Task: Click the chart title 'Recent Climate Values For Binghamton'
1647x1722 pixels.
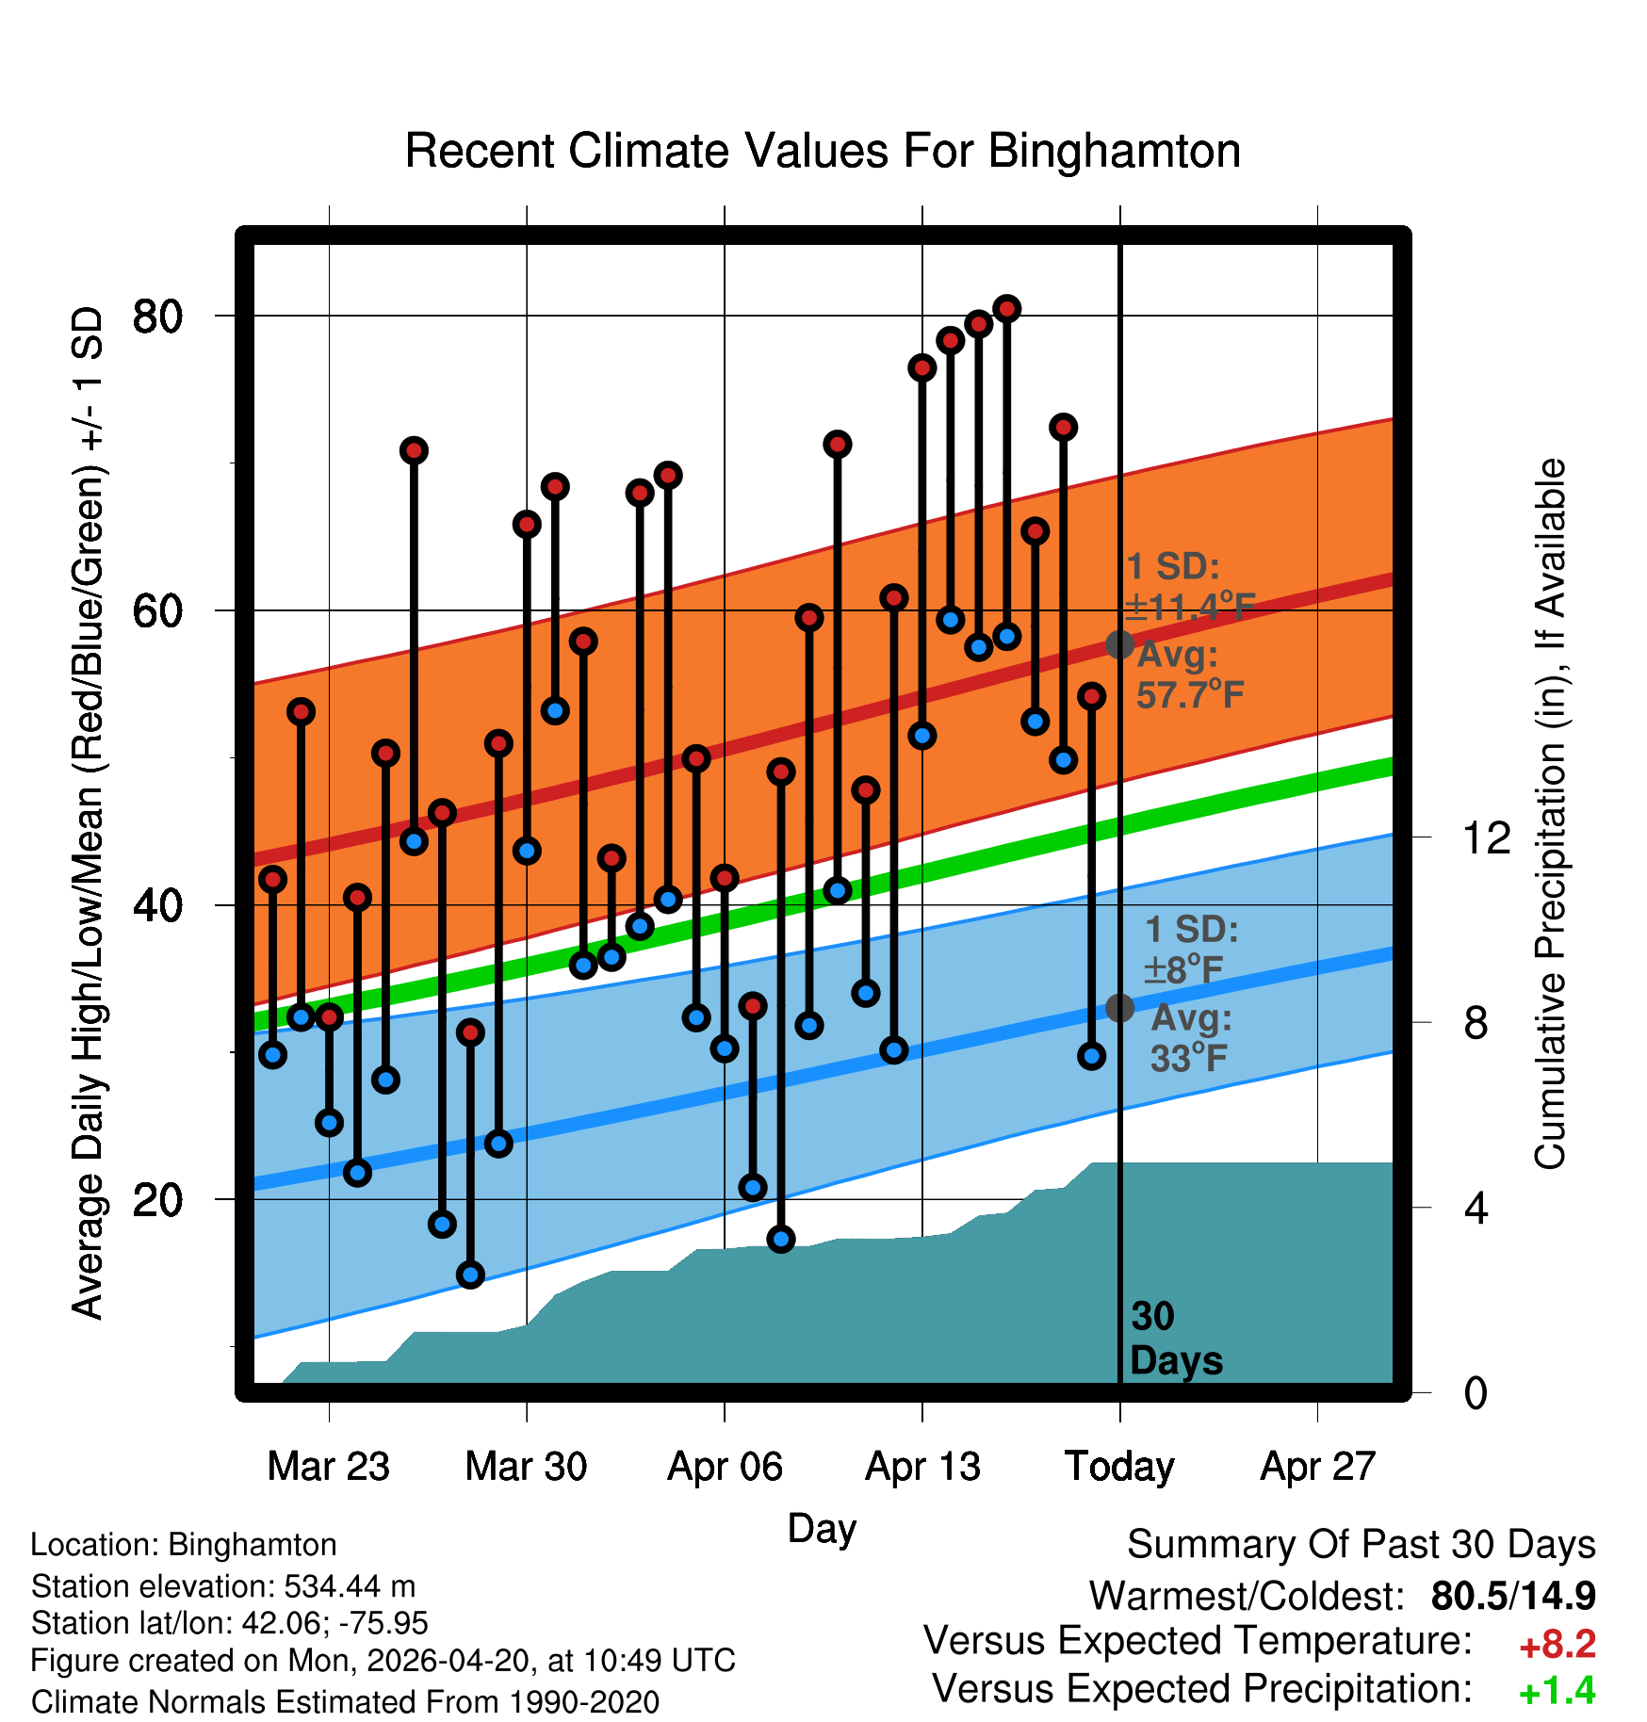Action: [x=823, y=151]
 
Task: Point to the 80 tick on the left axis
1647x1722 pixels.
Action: [x=157, y=317]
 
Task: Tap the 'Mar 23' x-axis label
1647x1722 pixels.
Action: [x=328, y=1467]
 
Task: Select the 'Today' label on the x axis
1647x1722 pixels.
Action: [x=1119, y=1467]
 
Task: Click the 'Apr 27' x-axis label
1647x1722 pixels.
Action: [x=1318, y=1467]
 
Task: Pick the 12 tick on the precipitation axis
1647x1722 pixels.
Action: [x=1486, y=837]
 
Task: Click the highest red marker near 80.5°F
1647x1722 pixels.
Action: [x=1007, y=309]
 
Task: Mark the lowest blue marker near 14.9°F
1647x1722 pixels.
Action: [x=470, y=1275]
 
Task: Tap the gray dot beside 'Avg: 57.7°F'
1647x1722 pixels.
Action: [x=1119, y=644]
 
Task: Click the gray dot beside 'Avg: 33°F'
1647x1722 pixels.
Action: [x=1119, y=1008]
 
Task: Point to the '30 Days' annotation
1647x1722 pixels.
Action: [x=1175, y=1339]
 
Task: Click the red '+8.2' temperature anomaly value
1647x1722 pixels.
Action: [x=1557, y=1645]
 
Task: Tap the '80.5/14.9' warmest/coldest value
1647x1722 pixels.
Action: [x=1512, y=1596]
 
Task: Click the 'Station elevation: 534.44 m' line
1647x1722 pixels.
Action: [x=223, y=1586]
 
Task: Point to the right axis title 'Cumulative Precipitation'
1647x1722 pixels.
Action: [x=1550, y=815]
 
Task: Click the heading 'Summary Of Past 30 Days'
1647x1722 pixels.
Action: [x=1361, y=1545]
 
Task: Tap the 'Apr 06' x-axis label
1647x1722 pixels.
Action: [x=725, y=1467]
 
